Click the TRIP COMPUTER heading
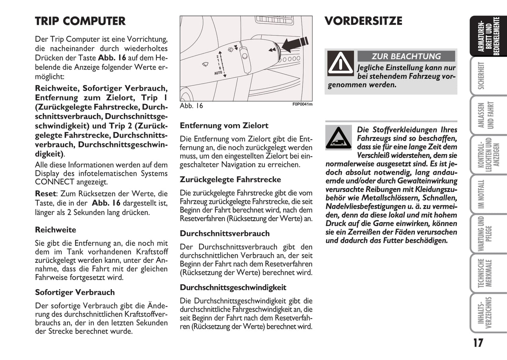[80, 21]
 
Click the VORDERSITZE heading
[363, 21]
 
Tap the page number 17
[478, 343]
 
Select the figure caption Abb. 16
[191, 106]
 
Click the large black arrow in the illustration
[294, 44]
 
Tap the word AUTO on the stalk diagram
[218, 73]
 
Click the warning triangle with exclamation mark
[340, 63]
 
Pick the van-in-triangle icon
[338, 138]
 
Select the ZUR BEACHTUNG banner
[406, 56]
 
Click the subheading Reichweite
[55, 230]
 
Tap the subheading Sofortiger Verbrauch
[75, 292]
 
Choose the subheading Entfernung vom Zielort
[224, 126]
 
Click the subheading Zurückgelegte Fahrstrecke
[230, 180]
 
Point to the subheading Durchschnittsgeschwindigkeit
[233, 287]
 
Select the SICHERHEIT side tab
[481, 76]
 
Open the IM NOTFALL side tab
[481, 194]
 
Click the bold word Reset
[45, 194]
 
